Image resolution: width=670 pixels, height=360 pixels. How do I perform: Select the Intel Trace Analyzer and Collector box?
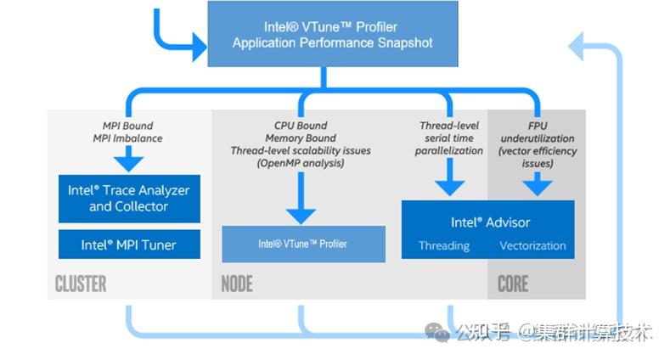[x=129, y=198]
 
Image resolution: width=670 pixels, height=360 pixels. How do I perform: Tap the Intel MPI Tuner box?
[x=129, y=245]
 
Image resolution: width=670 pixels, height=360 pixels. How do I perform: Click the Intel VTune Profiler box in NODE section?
[x=302, y=244]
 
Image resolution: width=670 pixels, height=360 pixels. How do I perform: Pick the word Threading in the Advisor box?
[x=443, y=245]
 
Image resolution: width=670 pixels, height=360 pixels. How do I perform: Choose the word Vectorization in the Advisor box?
[x=532, y=245]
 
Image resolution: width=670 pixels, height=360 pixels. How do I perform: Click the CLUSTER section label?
[x=81, y=284]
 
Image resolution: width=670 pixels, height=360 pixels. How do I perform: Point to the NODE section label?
[x=236, y=284]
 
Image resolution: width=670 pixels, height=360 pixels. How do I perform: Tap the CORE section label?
[x=512, y=284]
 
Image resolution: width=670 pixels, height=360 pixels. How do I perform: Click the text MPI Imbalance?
[x=128, y=138]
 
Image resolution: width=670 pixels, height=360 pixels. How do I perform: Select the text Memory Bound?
[x=301, y=138]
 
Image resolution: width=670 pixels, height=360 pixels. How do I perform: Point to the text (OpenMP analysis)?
[x=301, y=163]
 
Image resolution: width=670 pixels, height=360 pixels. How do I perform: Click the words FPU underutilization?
[x=537, y=132]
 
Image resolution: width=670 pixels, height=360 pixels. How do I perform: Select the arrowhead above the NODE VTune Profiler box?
[x=301, y=214]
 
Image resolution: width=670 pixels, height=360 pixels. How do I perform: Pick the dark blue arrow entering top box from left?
[x=196, y=46]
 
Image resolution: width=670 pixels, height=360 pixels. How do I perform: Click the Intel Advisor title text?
[x=490, y=222]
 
